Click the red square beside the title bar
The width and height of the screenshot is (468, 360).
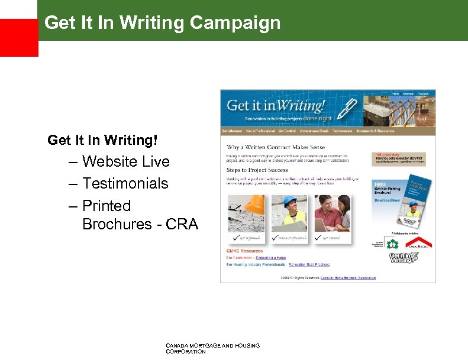click(x=19, y=37)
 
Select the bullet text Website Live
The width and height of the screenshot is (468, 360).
click(x=125, y=161)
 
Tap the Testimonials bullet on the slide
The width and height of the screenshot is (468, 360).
click(x=125, y=183)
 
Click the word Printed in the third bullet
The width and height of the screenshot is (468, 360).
click(x=106, y=206)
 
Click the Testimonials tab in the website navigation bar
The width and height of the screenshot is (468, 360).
click(x=343, y=131)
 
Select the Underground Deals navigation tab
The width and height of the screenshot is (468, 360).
click(x=313, y=131)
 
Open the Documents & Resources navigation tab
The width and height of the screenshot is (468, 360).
click(x=375, y=131)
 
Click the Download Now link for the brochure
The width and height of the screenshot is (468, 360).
click(x=387, y=200)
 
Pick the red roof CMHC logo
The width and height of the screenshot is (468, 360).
click(x=421, y=242)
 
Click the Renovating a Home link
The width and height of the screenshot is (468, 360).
click(x=272, y=258)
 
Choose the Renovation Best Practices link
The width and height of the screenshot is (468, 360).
click(x=309, y=265)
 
